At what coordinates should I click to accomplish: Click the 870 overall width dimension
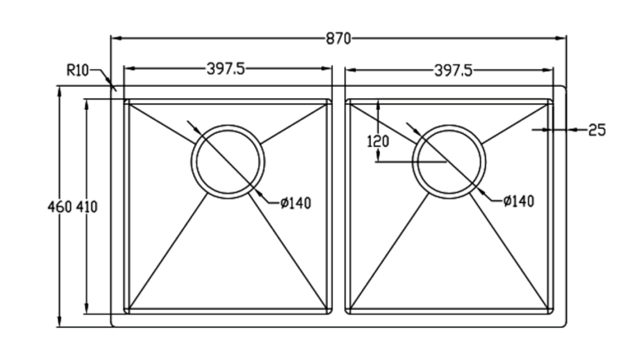pos(338,39)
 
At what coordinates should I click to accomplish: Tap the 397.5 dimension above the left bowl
pos(225,69)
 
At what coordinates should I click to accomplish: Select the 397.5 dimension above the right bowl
pos(453,70)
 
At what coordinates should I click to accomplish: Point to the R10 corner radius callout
pos(77,70)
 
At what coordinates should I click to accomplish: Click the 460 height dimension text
pos(59,207)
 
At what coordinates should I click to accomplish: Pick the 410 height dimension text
pos(87,207)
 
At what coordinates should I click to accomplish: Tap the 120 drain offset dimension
pos(377,141)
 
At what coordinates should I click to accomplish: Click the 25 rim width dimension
pos(597,130)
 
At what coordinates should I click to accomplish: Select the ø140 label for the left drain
pos(295,203)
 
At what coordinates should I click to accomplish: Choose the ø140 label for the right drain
pos(518,201)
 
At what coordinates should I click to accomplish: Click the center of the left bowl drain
pos(228,161)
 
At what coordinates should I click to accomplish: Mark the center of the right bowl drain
pos(449,161)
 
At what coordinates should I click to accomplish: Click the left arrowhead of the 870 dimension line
pos(115,38)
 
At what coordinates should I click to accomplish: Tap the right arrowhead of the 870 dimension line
pos(561,38)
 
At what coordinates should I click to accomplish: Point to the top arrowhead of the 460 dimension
pos(59,91)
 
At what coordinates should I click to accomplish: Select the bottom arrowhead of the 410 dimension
pos(86,308)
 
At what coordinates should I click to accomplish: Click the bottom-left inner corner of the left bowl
pos(129,309)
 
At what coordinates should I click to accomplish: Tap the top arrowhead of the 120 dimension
pos(378,105)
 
